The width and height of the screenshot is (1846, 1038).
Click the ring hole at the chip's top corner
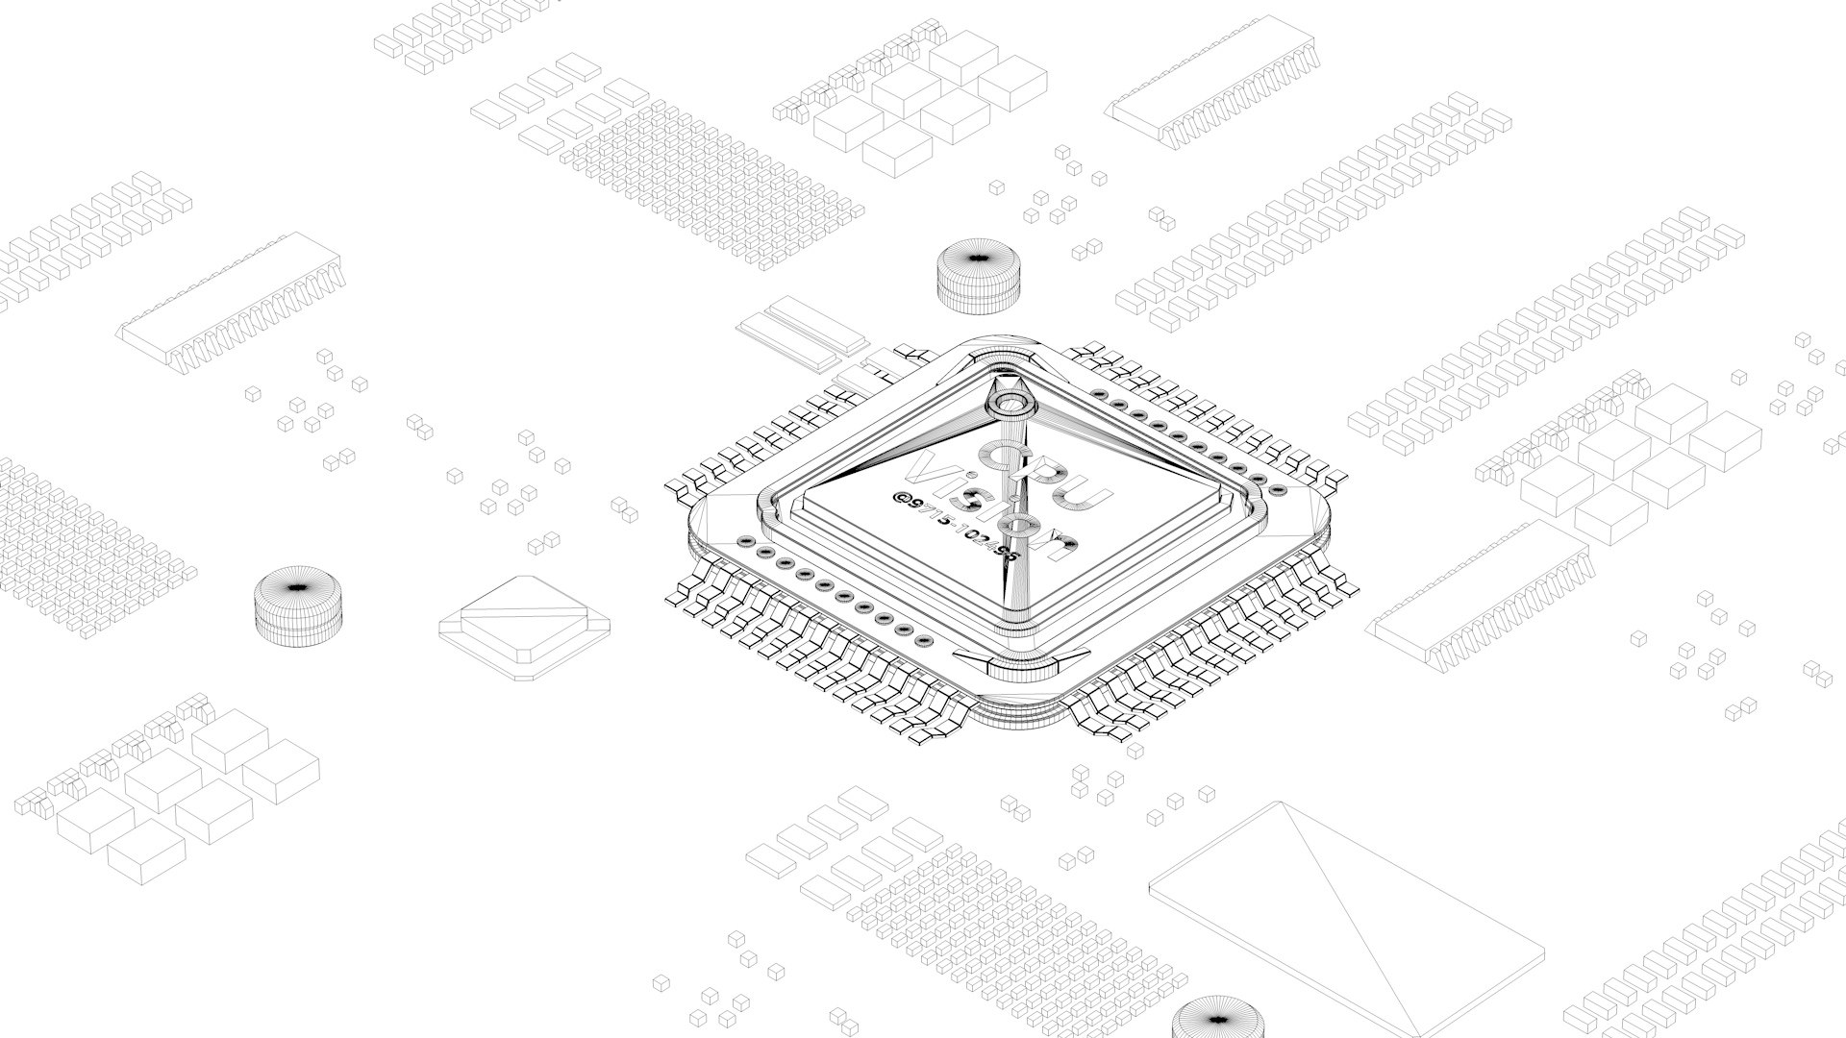pyautogui.click(x=1010, y=402)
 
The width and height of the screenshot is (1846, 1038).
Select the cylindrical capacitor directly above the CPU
pyautogui.click(x=976, y=276)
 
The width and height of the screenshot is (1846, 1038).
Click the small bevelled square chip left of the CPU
pyautogui.click(x=524, y=628)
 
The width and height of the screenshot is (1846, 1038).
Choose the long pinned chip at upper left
pyautogui.click(x=231, y=303)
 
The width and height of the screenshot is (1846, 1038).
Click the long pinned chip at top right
pyautogui.click(x=1213, y=82)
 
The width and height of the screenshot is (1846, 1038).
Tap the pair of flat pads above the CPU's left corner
pyautogui.click(x=803, y=332)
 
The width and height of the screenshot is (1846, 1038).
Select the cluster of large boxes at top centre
pyautogui.click(x=928, y=101)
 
